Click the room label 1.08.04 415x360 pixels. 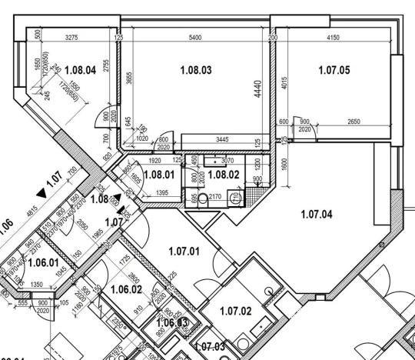(80, 70)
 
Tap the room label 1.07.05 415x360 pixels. (334, 70)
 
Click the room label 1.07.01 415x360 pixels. (184, 250)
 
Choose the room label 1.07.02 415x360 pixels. (236, 311)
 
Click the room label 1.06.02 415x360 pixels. (127, 289)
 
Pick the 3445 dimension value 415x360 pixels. (221, 139)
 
